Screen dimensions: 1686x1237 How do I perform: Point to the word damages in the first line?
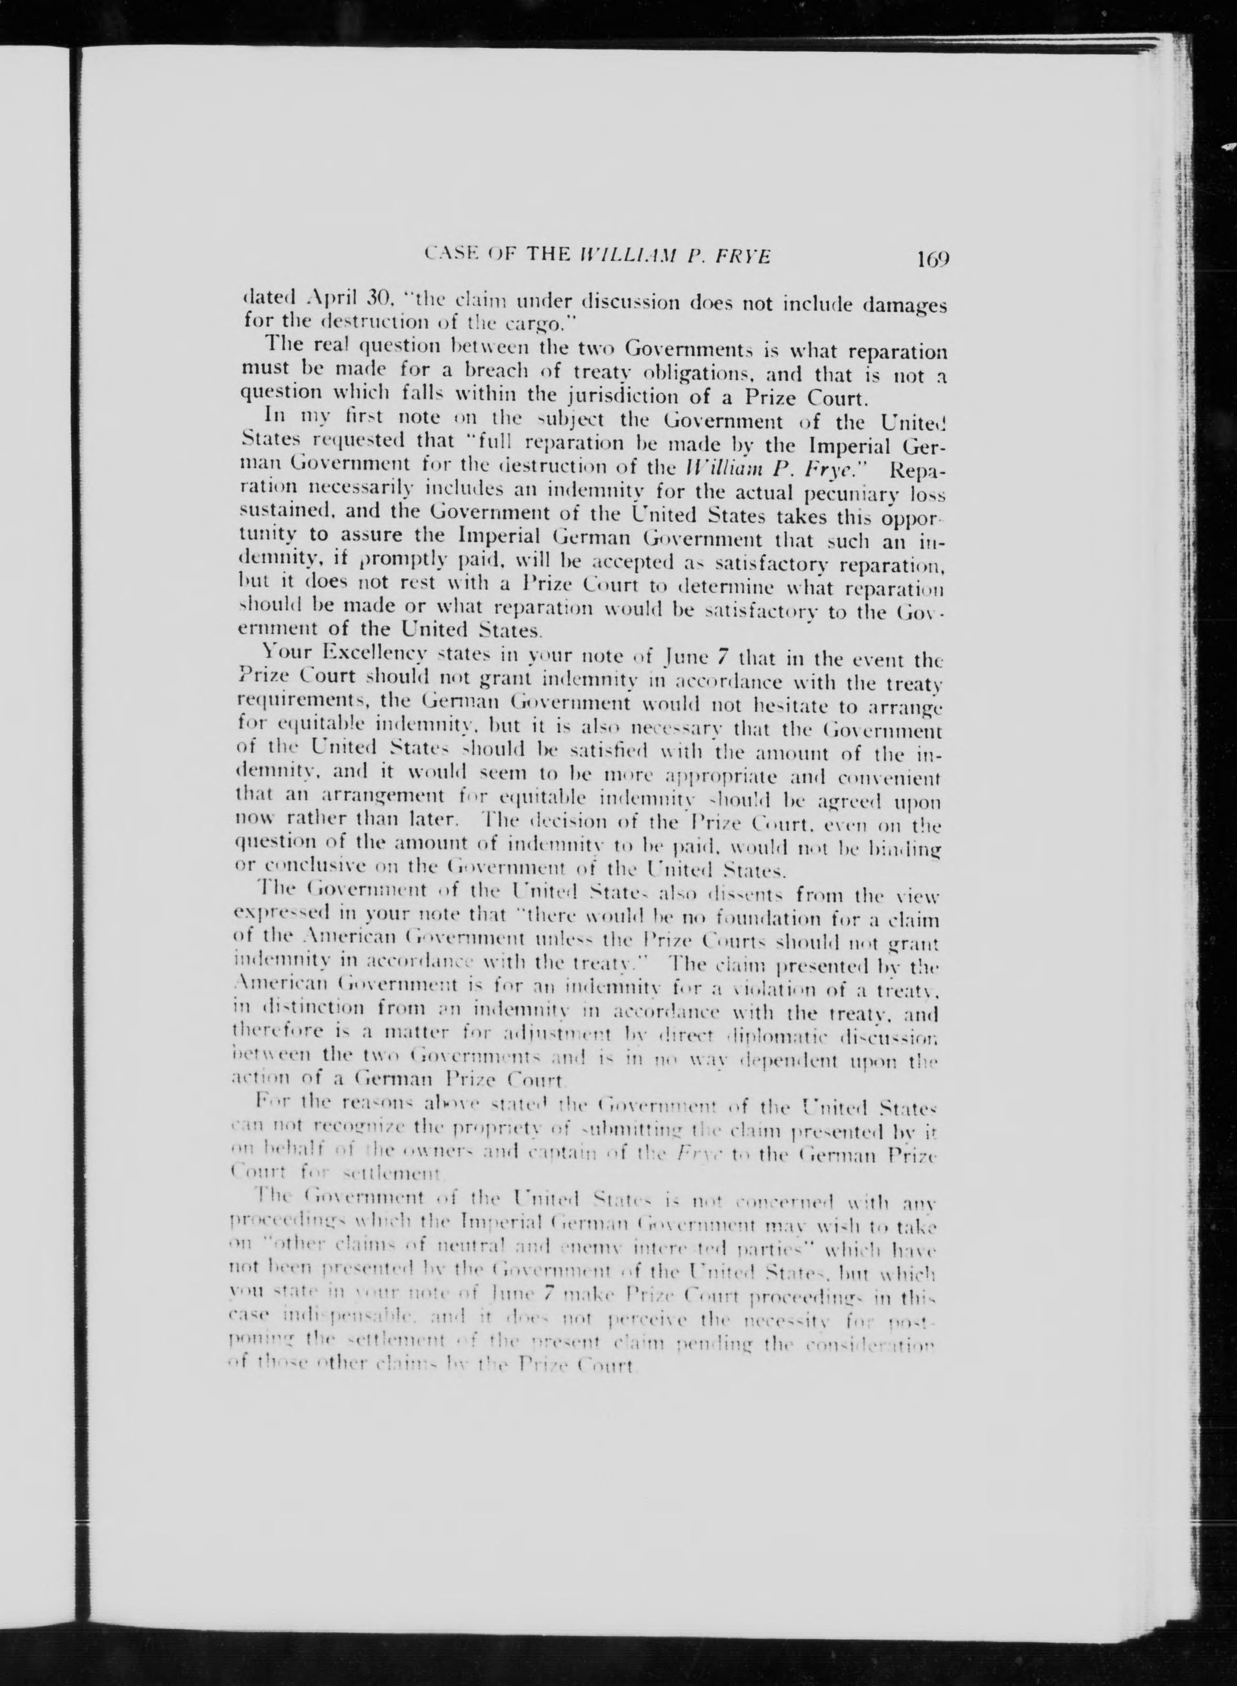click(903, 307)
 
